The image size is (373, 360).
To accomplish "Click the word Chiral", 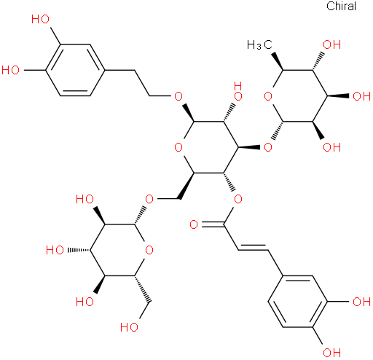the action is tap(341, 6).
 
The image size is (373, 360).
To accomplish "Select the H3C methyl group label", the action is tap(259, 45).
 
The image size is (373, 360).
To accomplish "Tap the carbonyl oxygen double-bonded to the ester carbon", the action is tap(194, 224).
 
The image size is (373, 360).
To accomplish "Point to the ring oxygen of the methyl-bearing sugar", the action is tap(268, 96).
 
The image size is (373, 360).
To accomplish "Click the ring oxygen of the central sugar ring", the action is tap(178, 147).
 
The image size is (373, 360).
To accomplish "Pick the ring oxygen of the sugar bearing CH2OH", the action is tap(149, 250).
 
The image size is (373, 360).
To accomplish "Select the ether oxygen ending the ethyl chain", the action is tap(178, 96).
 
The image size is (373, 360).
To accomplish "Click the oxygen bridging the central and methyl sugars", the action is tap(268, 147).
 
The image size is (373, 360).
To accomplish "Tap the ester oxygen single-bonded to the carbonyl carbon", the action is tap(238, 199).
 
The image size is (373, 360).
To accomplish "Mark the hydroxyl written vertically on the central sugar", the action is tap(238, 91).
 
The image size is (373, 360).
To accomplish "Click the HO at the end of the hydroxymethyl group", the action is tap(130, 327).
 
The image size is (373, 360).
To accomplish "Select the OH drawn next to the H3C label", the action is tap(332, 45).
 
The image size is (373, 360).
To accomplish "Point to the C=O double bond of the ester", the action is tap(213, 224).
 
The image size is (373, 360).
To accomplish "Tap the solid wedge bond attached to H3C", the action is tap(278, 60).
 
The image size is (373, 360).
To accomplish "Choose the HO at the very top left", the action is tap(41, 19).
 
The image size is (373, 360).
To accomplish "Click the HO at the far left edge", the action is tap(11, 71).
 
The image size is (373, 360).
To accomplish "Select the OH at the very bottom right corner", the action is tap(332, 353).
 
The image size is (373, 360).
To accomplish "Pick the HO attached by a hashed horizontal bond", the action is tap(55, 250).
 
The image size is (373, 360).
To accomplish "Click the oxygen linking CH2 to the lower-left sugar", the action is tap(149, 199).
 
